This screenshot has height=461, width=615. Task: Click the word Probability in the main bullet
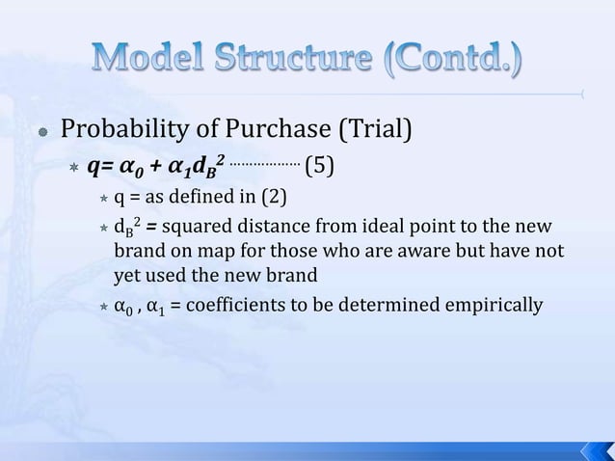[119, 129]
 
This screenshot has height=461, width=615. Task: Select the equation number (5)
[320, 168]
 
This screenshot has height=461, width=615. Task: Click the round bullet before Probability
[42, 131]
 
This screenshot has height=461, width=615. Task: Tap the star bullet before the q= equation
[71, 169]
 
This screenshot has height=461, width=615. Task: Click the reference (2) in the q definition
[273, 199]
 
